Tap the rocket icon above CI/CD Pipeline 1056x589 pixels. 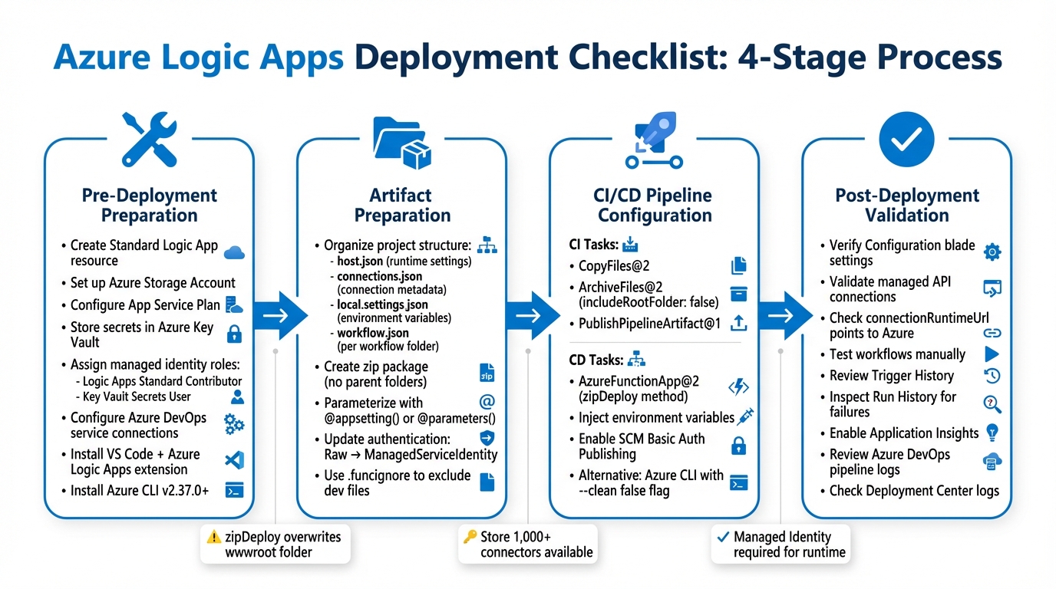(x=654, y=138)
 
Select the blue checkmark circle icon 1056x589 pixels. (x=906, y=139)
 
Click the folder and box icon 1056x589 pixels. (x=401, y=142)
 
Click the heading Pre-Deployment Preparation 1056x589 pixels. (x=149, y=206)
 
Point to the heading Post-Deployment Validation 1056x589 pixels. (x=906, y=206)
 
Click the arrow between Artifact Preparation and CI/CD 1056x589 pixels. (x=530, y=315)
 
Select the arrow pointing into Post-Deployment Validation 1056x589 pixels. (x=784, y=315)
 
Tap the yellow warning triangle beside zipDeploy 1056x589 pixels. (x=214, y=537)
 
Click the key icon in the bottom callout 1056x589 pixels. (x=470, y=536)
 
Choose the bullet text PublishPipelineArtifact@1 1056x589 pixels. (x=649, y=324)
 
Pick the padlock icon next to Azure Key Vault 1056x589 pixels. (x=234, y=334)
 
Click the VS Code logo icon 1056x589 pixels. (x=234, y=461)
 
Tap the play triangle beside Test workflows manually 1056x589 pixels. (x=992, y=354)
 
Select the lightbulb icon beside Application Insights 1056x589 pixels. (x=992, y=433)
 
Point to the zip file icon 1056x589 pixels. (x=487, y=373)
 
